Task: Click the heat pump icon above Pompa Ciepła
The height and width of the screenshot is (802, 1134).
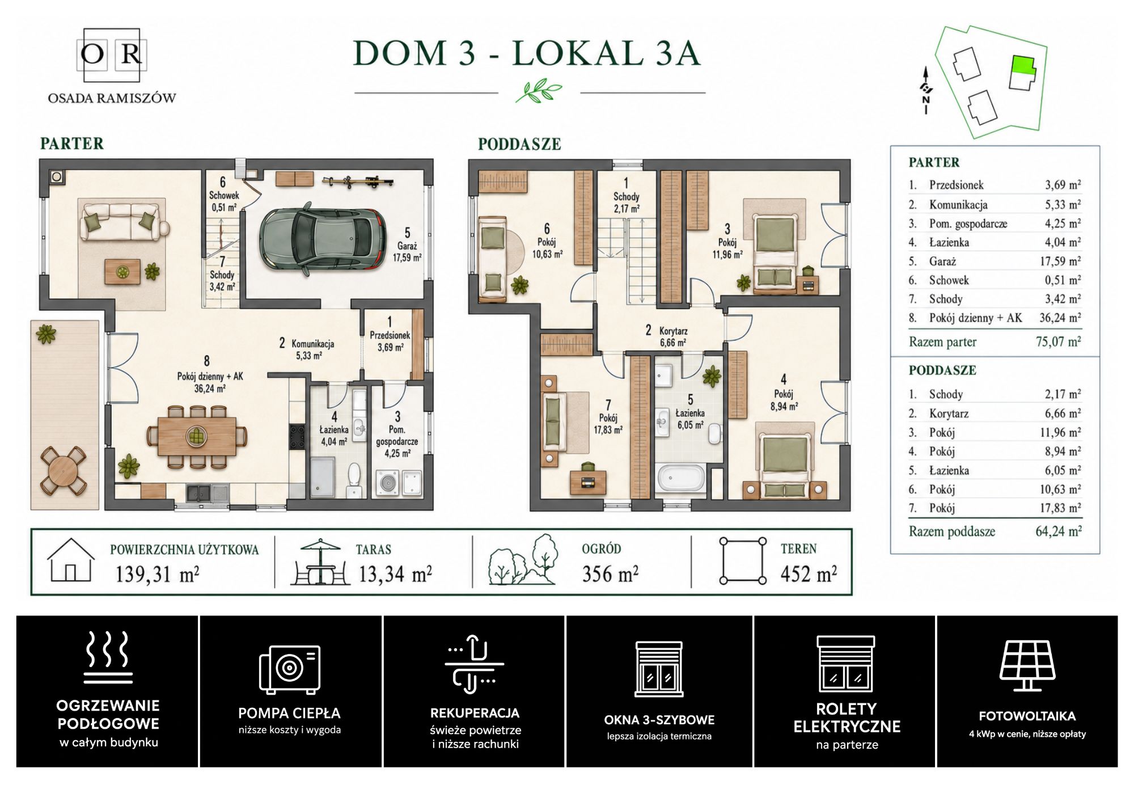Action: pos(290,669)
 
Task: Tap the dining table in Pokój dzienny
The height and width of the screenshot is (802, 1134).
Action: pos(197,436)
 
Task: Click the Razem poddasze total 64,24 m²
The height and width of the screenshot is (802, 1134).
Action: pos(1058,531)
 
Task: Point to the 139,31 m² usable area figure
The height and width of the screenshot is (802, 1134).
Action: pos(157,574)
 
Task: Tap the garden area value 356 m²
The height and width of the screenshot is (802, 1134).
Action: pos(610,574)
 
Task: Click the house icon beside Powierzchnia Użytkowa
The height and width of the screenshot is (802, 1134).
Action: pos(70,560)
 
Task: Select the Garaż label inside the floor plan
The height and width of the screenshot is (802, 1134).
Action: pos(407,246)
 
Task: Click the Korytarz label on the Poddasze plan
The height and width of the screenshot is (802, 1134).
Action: pos(674,331)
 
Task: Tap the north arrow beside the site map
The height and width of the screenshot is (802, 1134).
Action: pos(926,90)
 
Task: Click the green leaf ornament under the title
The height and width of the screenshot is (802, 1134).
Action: pos(539,91)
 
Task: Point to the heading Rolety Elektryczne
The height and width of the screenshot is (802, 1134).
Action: pos(847,717)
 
